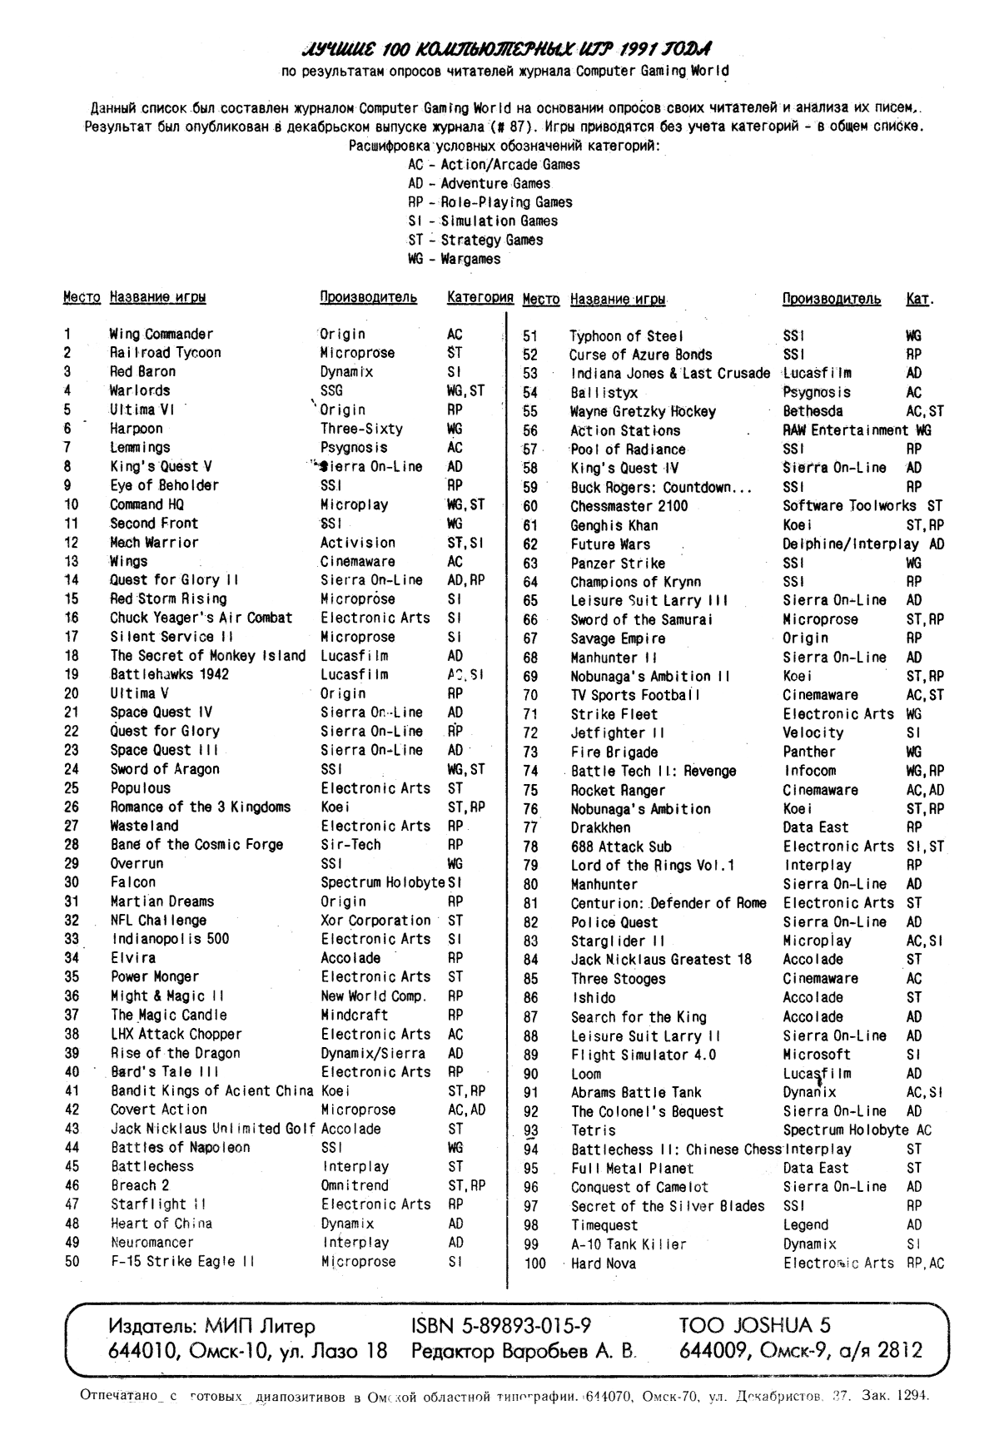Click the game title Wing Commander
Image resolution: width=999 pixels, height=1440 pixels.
(162, 334)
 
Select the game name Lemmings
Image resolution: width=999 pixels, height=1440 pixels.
(140, 448)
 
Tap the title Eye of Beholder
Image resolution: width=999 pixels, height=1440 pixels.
(164, 485)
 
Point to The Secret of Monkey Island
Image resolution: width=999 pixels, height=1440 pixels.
(208, 656)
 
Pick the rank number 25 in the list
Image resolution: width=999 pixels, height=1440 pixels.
(72, 788)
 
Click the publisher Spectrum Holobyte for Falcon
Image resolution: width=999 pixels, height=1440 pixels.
(383, 882)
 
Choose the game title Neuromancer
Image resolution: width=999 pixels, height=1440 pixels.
(152, 1243)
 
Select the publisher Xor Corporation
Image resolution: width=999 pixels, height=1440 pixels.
(375, 921)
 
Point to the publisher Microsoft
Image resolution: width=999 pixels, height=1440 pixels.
(817, 1055)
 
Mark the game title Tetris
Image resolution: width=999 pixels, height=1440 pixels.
(594, 1130)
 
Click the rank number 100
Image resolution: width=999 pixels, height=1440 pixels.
(534, 1264)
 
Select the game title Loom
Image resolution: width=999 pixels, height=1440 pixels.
(586, 1074)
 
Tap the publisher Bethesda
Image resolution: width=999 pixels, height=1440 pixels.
(813, 411)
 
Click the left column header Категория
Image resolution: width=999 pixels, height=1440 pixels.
(480, 297)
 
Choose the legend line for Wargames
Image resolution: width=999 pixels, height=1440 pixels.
(454, 259)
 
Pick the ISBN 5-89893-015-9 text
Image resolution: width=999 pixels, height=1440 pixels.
(501, 1326)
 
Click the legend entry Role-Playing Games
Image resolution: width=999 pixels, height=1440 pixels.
(490, 202)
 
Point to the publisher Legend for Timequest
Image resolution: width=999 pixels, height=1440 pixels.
(806, 1225)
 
